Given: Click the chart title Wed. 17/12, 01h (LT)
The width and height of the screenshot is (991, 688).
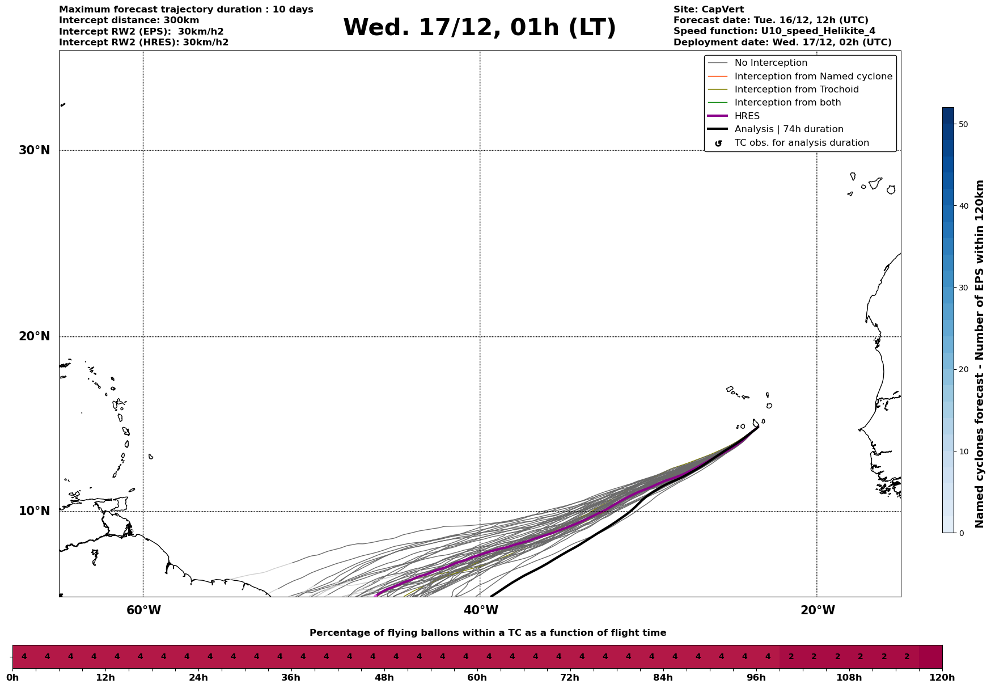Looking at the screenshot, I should point(479,28).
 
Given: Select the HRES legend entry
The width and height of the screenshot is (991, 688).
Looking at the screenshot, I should point(747,116).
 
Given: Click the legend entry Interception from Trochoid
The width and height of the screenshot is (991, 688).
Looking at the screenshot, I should point(796,90).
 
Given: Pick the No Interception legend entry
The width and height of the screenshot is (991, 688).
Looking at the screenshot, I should point(770,63).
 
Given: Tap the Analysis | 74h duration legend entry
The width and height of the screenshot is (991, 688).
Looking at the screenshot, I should point(789,129).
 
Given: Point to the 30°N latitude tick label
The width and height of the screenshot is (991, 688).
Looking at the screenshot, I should point(35,150).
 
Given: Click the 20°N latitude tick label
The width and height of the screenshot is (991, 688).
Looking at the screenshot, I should point(35,336).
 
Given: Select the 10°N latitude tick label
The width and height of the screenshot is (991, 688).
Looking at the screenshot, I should point(35,511).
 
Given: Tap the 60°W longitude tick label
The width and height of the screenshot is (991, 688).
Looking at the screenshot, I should point(143,610).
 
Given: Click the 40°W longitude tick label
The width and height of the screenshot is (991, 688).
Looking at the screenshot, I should point(480,610).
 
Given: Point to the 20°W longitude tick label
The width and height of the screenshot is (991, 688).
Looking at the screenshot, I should point(817,610).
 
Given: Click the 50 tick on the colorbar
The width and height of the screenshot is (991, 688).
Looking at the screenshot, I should point(963,124).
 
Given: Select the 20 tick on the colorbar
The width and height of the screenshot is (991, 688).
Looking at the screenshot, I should point(963,370).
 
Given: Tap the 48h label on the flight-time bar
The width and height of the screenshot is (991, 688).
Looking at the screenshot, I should point(384,677).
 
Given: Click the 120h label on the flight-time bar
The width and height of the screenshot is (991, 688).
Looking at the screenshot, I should point(942,677).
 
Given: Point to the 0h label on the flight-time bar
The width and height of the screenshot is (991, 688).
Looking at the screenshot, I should point(12,677).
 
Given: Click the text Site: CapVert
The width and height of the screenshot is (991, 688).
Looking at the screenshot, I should point(708,10).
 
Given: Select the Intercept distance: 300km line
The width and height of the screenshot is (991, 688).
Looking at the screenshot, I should point(129,20).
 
